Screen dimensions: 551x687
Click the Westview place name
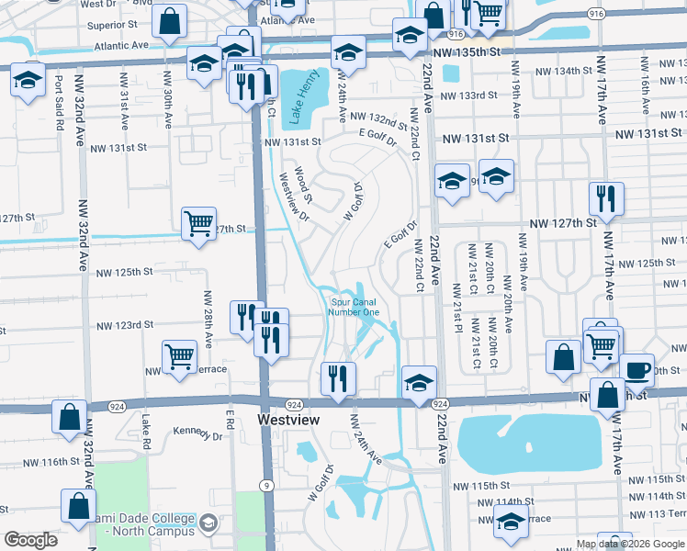(288, 420)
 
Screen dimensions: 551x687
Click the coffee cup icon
(636, 370)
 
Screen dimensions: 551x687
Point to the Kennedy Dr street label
(197, 434)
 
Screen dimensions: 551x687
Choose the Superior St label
(113, 25)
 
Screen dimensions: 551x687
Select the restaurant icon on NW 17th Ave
(606, 198)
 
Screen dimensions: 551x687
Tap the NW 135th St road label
(469, 53)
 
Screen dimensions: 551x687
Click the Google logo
(31, 540)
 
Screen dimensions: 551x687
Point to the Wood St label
(303, 184)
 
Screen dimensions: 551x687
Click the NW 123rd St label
(126, 325)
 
